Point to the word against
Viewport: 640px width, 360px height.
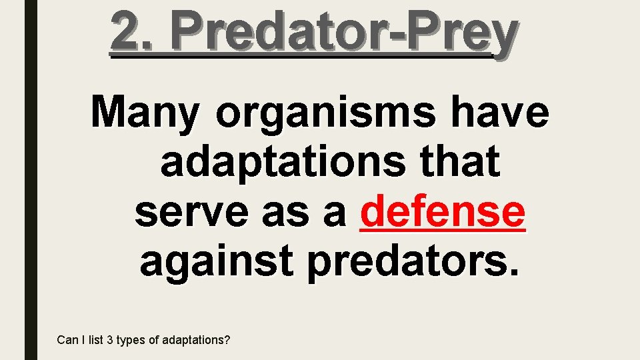(215, 262)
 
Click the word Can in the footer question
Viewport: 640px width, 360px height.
(67, 340)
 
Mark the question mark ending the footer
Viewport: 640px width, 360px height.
(227, 340)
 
